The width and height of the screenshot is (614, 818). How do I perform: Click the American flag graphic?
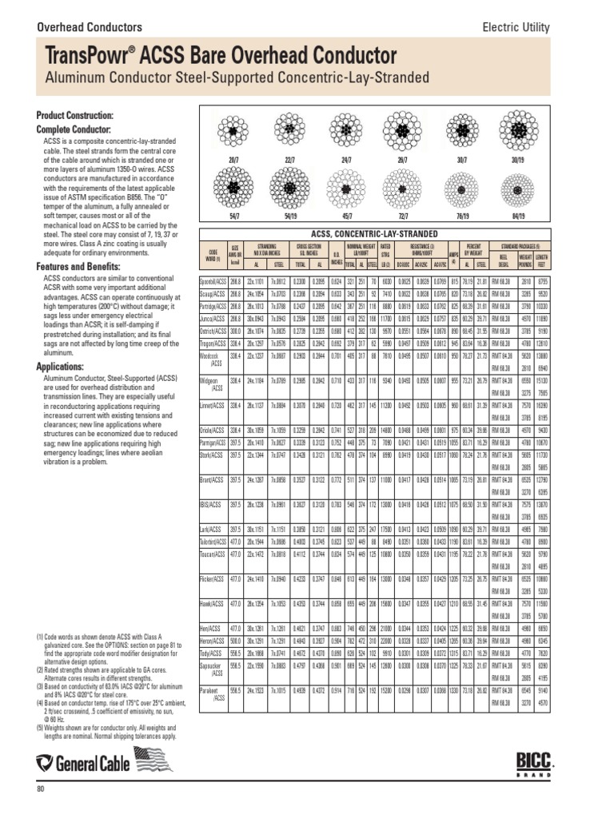153,760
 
